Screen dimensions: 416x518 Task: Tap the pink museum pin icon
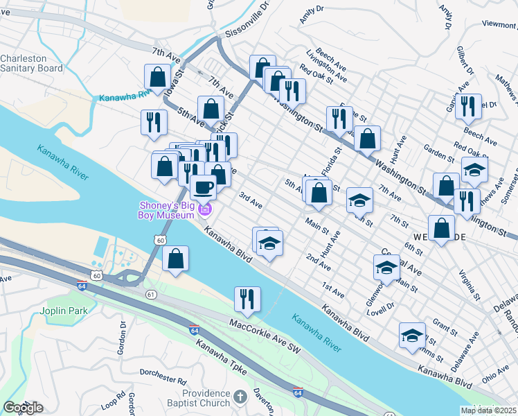[x=205, y=209]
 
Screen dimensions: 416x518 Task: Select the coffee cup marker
[x=203, y=187]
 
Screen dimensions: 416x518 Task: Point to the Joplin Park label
[x=64, y=311]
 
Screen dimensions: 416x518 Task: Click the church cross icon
[x=240, y=397]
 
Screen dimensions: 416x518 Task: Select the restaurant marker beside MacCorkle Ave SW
[x=247, y=299]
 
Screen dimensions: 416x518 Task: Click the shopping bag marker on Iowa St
[x=157, y=77]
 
